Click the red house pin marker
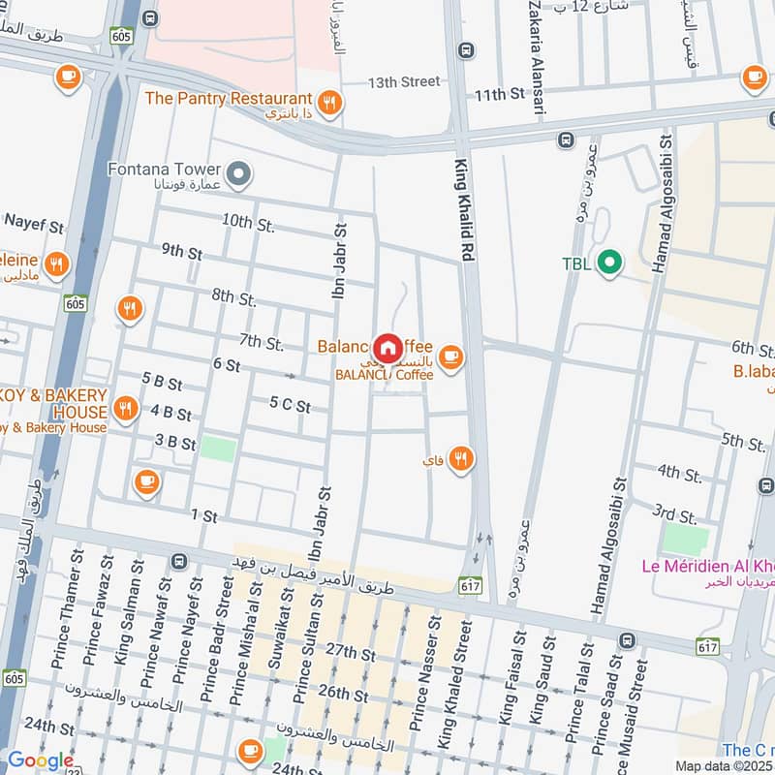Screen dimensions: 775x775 pyautogui.click(x=387, y=348)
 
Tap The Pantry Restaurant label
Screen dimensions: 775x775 pyautogui.click(x=228, y=98)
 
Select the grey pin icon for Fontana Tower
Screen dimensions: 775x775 pyautogui.click(x=241, y=175)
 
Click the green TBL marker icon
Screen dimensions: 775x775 pyautogui.click(x=608, y=263)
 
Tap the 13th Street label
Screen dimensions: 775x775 pyautogui.click(x=404, y=81)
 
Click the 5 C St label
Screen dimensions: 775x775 pyautogui.click(x=290, y=406)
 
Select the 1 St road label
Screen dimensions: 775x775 pyautogui.click(x=203, y=515)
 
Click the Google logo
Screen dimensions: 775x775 pyautogui.click(x=40, y=760)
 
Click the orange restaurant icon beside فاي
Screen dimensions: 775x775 pyautogui.click(x=461, y=458)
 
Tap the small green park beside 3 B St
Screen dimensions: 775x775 pyautogui.click(x=218, y=448)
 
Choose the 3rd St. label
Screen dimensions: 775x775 pyautogui.click(x=674, y=514)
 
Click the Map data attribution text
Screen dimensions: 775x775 pyautogui.click(x=723, y=765)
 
